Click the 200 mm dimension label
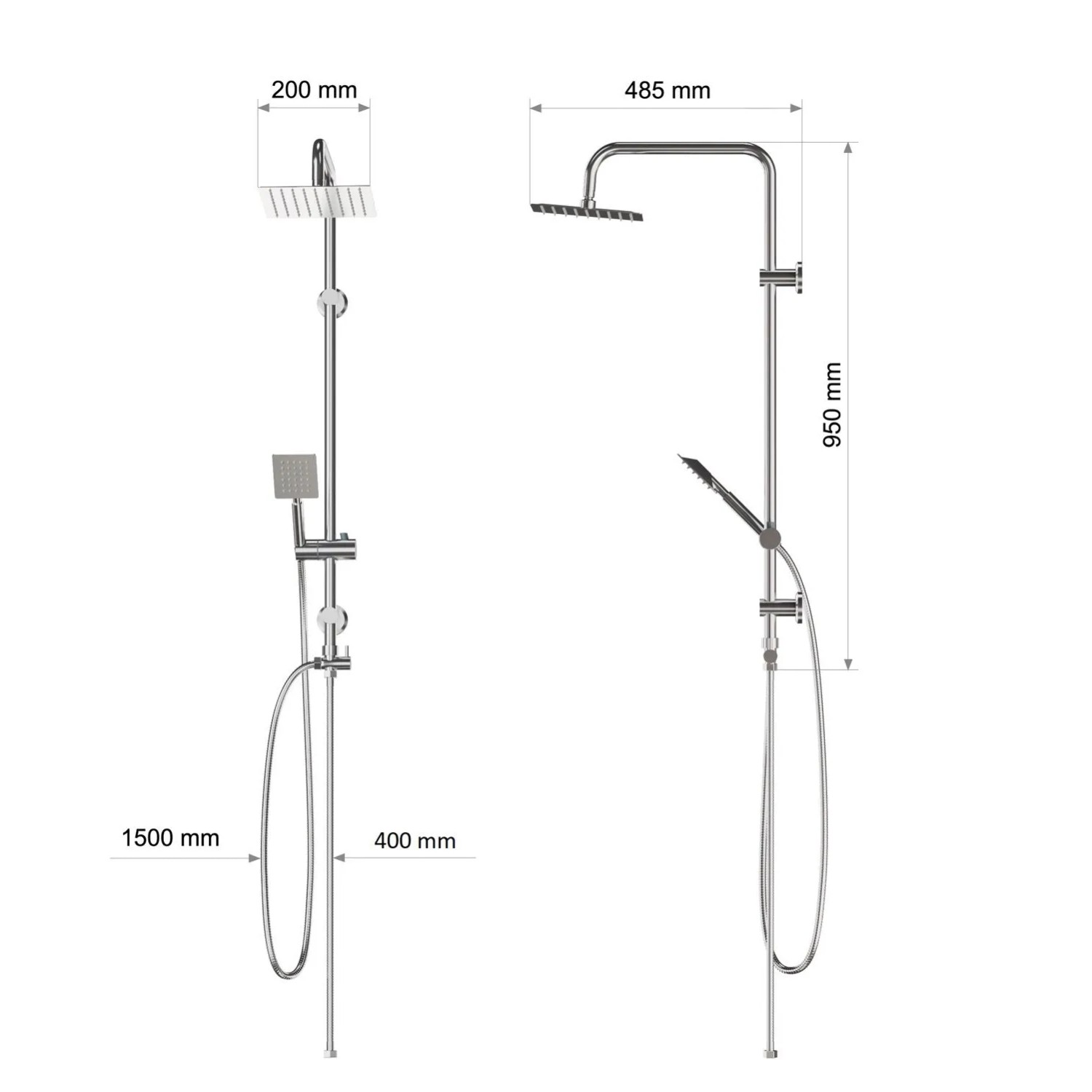[x=314, y=90]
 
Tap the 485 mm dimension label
[x=668, y=90]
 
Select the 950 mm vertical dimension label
[x=831, y=405]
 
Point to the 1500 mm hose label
[x=170, y=838]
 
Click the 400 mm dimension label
[x=415, y=841]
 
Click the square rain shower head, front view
[x=317, y=202]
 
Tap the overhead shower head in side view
[x=587, y=211]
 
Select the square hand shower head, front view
[x=295, y=477]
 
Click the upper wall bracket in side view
[x=781, y=277]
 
